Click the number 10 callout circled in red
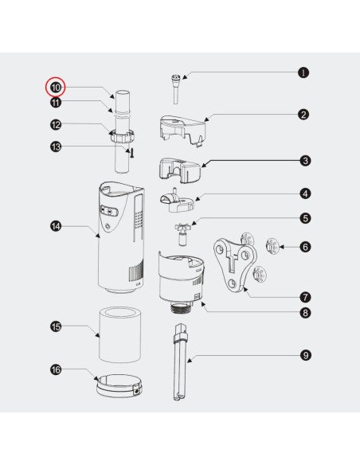click(56, 88)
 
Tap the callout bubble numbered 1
click(303, 72)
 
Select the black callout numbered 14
click(56, 226)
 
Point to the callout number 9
click(305, 355)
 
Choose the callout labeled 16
click(56, 369)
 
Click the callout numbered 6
click(305, 247)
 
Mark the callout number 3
click(305, 161)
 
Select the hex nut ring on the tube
click(122, 136)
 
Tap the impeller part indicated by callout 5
click(182, 233)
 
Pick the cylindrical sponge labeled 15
click(119, 334)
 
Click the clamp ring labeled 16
click(119, 386)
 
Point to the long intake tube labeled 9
click(180, 362)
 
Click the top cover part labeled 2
click(182, 130)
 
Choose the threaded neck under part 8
click(182, 307)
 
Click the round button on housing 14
click(108, 227)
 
